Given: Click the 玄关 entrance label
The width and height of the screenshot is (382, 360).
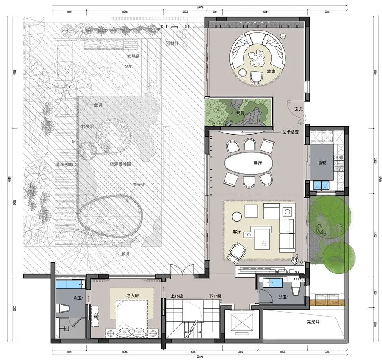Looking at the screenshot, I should coord(299,109).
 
